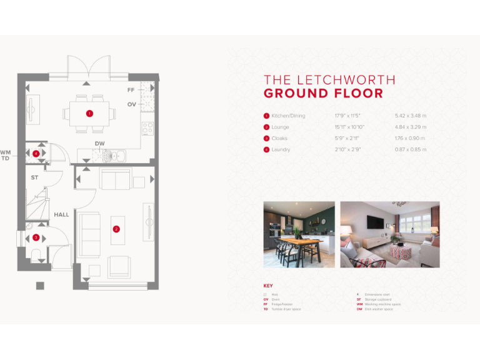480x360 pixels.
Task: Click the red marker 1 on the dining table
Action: point(89,114)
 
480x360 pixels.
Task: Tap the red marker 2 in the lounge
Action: point(116,229)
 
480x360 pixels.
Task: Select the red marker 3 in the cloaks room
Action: point(36,237)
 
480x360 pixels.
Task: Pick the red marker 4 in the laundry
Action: point(36,152)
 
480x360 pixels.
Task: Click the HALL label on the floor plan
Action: point(61,214)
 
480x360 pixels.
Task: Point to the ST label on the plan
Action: point(35,177)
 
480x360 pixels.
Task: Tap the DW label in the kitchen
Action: point(99,144)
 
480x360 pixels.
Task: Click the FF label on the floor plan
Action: point(131,90)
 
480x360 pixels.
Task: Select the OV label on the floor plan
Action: point(131,104)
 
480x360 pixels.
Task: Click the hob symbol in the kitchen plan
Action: point(148,128)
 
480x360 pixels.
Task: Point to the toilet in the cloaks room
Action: point(36,254)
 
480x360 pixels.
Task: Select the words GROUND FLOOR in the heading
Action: point(323,94)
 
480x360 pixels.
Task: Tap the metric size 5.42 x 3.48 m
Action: point(411,116)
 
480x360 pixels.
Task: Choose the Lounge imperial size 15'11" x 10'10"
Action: point(349,127)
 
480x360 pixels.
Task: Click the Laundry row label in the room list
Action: point(281,149)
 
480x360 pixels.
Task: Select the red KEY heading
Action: point(268,286)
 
